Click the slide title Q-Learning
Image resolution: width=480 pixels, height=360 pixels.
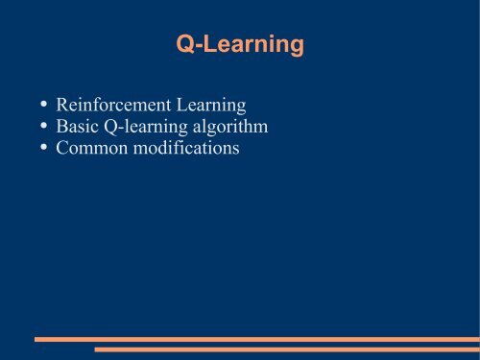(x=240, y=44)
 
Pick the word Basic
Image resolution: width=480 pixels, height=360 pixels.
(x=79, y=126)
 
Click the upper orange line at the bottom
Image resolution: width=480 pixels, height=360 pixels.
(x=256, y=339)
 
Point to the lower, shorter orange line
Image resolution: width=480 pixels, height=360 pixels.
(x=286, y=349)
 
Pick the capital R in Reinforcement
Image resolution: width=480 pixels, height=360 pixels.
(x=62, y=103)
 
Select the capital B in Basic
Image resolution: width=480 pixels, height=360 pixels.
(x=62, y=126)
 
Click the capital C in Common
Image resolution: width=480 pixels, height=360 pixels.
(x=63, y=149)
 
